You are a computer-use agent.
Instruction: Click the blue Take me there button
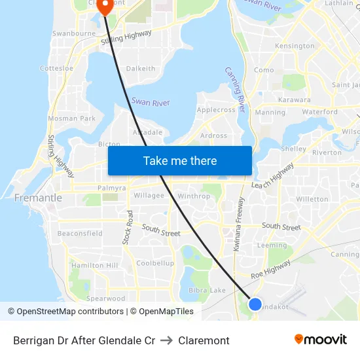coord(180,160)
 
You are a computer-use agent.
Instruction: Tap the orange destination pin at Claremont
coord(104,7)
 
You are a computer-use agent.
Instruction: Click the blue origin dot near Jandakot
coord(255,304)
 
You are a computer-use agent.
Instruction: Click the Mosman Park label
coord(72,118)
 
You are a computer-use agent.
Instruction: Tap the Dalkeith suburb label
coord(141,68)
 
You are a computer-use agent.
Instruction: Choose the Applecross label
coord(215,110)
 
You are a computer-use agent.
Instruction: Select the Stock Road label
coord(129,227)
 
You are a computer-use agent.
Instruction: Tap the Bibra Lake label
coord(207,290)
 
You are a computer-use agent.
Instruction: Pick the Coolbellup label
coord(155,263)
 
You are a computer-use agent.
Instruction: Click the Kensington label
coord(295,46)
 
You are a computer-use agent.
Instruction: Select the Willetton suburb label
coord(312,199)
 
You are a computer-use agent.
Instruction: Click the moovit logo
coord(321,340)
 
